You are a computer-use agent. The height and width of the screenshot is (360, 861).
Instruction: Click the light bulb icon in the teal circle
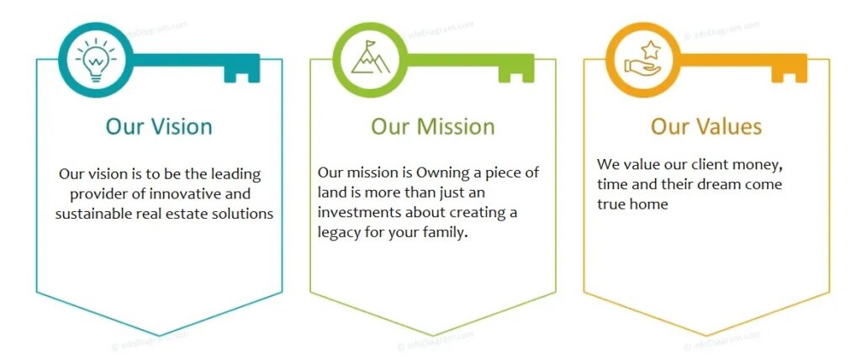pos(96,60)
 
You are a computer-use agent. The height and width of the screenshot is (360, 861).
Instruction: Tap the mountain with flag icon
pos(371,57)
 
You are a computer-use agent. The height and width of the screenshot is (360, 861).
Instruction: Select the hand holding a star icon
pos(643,58)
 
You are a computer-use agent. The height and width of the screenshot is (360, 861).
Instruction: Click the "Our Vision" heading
pos(159,126)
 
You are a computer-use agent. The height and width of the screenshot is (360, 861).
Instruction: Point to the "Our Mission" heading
pos(433,126)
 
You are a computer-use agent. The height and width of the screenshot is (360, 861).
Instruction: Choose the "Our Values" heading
pos(706,126)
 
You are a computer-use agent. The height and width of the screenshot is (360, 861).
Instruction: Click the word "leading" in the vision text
pos(236,175)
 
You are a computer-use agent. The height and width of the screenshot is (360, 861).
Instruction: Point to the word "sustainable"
pos(93,214)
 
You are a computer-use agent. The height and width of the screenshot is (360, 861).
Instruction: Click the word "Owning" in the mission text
pos(438,173)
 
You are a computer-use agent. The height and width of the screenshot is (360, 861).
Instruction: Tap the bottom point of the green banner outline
pos(433,336)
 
